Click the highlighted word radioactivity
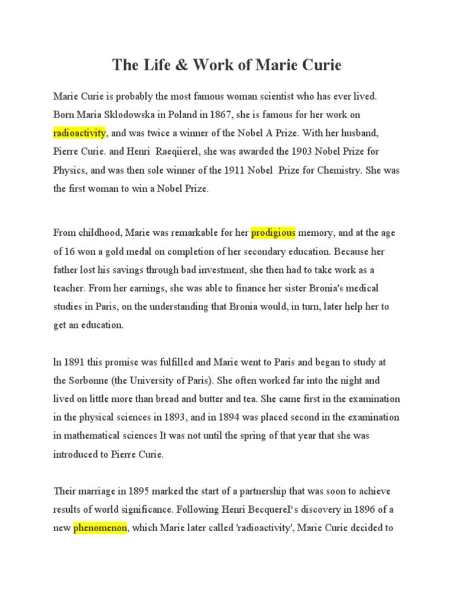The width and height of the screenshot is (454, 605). pos(79,132)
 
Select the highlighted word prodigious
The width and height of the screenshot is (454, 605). pos(273,233)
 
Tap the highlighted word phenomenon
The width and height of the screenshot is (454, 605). pos(100,528)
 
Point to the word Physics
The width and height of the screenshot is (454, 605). pos(70,170)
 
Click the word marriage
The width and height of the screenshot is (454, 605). pos(97,491)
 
